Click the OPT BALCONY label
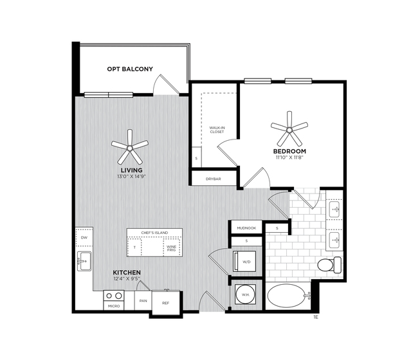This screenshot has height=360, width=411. pyautogui.click(x=130, y=69)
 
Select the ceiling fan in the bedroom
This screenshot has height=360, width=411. pyautogui.click(x=289, y=129)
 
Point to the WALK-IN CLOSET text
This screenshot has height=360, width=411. pyautogui.click(x=217, y=130)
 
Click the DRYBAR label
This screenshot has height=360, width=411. pyautogui.click(x=213, y=179)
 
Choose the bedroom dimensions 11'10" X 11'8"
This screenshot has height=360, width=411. pyautogui.click(x=289, y=157)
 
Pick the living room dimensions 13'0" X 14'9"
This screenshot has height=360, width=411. pyautogui.click(x=131, y=177)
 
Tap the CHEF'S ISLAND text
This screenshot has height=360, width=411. pyautogui.click(x=154, y=233)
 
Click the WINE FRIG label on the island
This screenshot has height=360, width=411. pyautogui.click(x=171, y=248)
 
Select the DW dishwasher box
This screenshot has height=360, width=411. pyautogui.click(x=84, y=237)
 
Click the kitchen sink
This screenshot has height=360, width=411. pyautogui.click(x=84, y=261)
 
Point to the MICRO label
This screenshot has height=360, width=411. pyautogui.click(x=114, y=306)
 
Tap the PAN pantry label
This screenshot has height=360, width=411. pyautogui.click(x=143, y=301)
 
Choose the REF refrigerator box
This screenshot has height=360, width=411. pyautogui.click(x=166, y=303)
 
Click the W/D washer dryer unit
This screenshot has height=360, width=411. pyautogui.click(x=244, y=262)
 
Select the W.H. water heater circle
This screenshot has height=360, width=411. pyautogui.click(x=245, y=294)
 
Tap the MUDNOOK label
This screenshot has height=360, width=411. pyautogui.click(x=246, y=228)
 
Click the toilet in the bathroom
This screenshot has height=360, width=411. pyautogui.click(x=329, y=265)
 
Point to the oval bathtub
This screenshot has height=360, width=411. pyautogui.click(x=286, y=296)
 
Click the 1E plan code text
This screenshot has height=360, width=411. pyautogui.click(x=316, y=318)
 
